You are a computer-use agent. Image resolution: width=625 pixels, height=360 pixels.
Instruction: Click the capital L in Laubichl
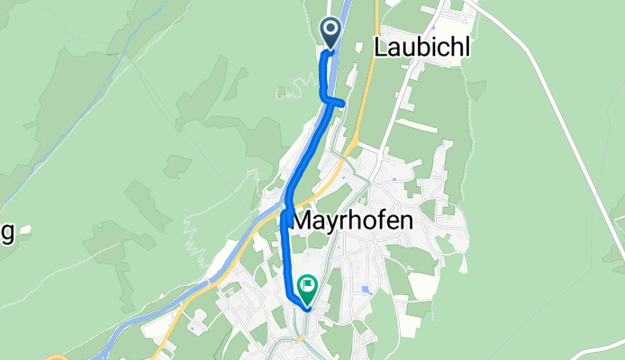click(379, 48)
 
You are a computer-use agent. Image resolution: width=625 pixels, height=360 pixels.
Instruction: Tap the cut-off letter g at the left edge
click(6, 233)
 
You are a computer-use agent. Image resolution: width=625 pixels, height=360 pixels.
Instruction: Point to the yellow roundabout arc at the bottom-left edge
click(56, 356)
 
